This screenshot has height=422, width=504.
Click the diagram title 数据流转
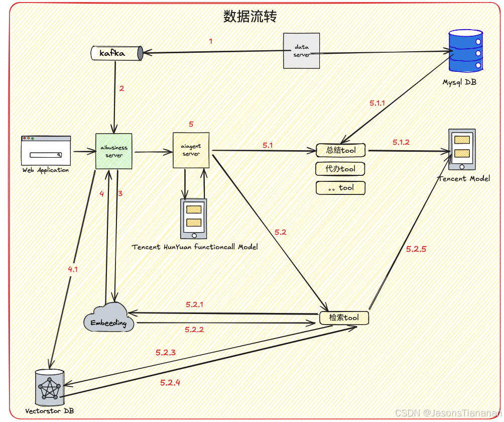[250, 17]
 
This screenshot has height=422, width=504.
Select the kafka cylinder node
[116, 53]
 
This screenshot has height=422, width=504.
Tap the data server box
[301, 51]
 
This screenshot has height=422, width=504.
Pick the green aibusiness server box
[114, 151]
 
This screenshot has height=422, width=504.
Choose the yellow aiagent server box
[191, 150]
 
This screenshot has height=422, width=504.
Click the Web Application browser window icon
[46, 150]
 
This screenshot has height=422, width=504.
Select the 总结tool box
[341, 150]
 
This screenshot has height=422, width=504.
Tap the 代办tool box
[340, 169]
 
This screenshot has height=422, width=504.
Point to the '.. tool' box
[340, 188]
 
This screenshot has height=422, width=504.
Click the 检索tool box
[344, 318]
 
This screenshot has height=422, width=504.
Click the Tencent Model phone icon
[462, 149]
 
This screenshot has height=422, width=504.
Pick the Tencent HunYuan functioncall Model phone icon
[194, 219]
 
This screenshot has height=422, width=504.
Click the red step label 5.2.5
[416, 249]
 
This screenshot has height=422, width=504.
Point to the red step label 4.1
[73, 270]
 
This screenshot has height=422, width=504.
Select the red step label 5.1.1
[377, 103]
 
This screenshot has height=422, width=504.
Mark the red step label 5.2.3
[166, 353]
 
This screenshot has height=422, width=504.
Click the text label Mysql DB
[459, 82]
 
